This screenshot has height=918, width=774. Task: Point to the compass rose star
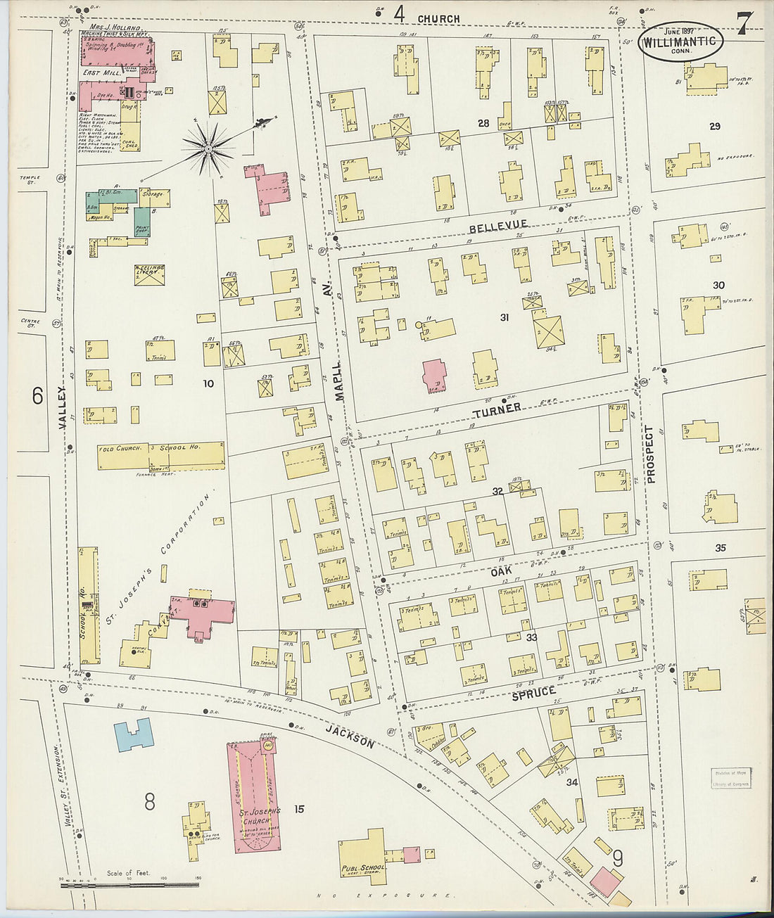(x=208, y=148)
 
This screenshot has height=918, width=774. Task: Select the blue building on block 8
(x=134, y=735)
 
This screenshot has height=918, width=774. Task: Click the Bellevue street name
(x=497, y=225)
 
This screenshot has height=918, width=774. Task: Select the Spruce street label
(x=533, y=694)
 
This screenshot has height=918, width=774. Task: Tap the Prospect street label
(x=650, y=454)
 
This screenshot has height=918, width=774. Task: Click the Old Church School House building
(x=161, y=456)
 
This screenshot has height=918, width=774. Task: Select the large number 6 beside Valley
(x=37, y=396)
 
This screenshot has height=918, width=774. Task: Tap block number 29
(x=715, y=127)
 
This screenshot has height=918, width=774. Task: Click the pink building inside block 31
(x=434, y=376)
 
